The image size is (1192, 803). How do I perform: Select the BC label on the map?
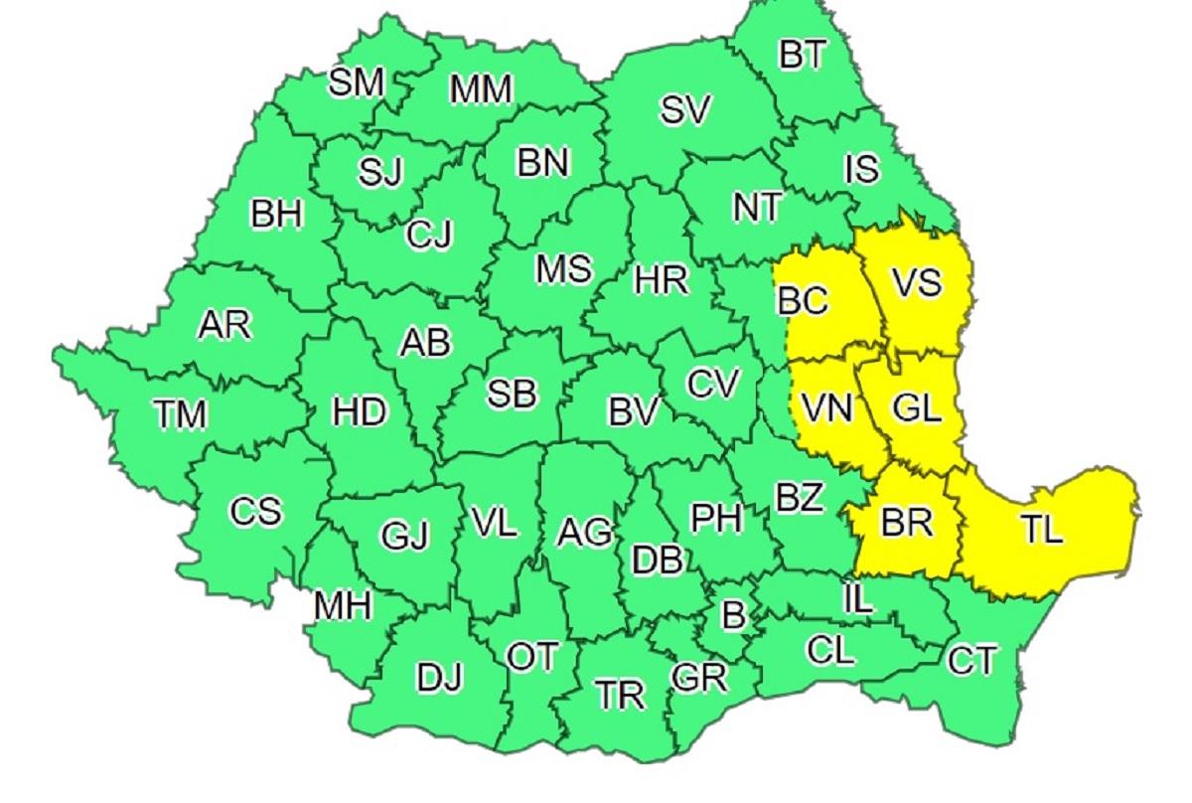tap(803, 300)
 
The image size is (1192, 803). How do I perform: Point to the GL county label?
tap(916, 408)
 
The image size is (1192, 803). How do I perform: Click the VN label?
tap(825, 408)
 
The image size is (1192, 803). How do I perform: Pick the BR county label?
tap(906, 523)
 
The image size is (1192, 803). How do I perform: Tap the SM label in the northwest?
tap(356, 83)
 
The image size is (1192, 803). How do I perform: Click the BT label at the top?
tap(802, 57)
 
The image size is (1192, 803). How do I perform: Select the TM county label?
tap(180, 415)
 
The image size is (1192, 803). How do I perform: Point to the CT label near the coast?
tap(970, 661)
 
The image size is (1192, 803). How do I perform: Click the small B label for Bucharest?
tap(732, 616)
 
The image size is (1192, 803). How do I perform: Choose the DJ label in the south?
tap(440, 680)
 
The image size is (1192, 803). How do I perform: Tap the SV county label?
tap(686, 111)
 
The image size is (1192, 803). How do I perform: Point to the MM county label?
tap(481, 90)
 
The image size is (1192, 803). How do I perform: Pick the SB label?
tap(512, 394)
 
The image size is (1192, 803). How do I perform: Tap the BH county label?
tap(276, 214)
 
